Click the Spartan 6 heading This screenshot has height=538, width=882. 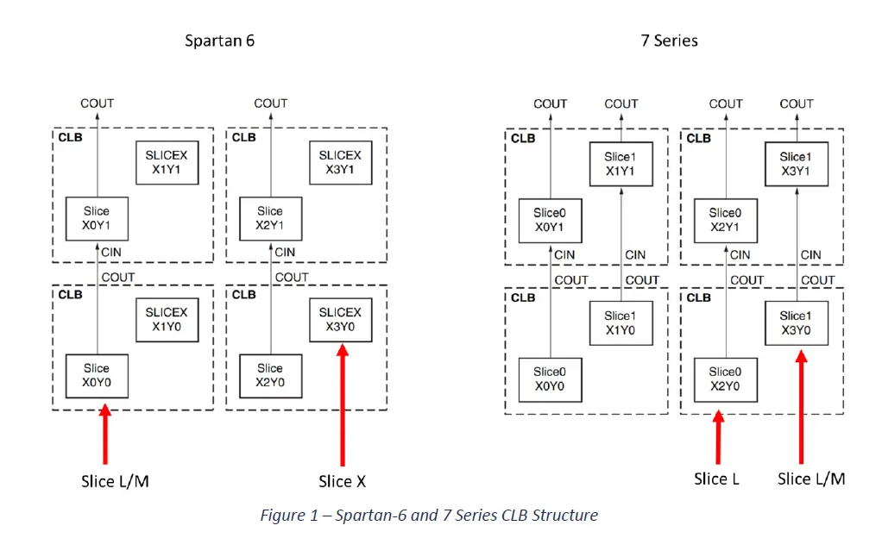(219, 41)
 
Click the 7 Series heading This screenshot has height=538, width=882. (669, 41)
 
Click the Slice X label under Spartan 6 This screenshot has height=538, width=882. (342, 481)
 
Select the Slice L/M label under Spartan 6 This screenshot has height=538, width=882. (115, 481)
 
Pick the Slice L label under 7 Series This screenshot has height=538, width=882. (716, 479)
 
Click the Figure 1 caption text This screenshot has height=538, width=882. (429, 516)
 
